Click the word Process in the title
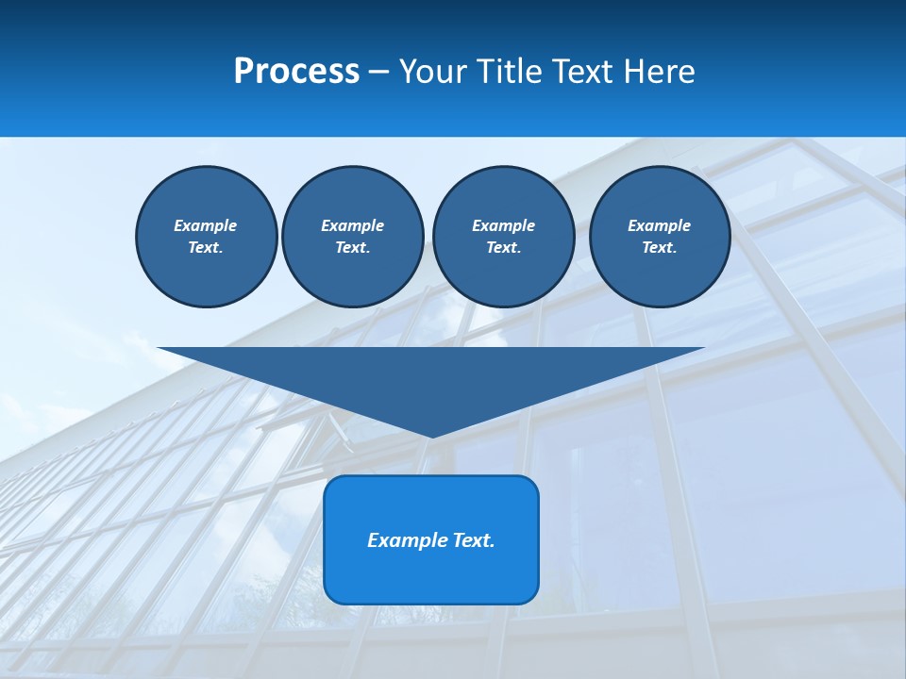(x=296, y=72)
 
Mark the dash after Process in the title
(x=378, y=73)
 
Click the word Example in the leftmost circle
(x=206, y=225)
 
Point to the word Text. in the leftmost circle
(x=206, y=247)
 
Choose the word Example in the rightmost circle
(x=659, y=225)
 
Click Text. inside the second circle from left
(x=353, y=247)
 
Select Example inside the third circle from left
(x=503, y=225)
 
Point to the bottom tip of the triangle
(x=431, y=435)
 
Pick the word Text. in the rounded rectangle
(x=474, y=540)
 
